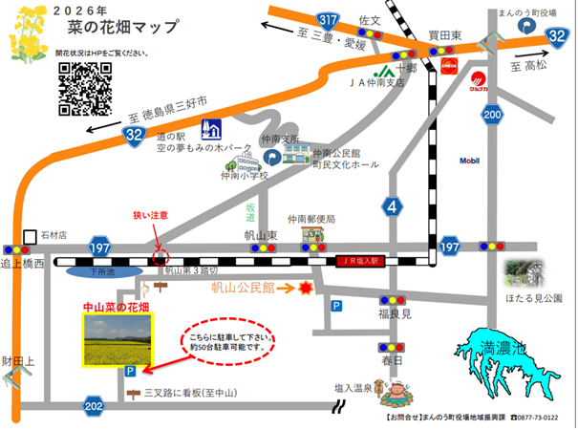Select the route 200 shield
click(x=492, y=116)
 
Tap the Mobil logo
click(x=469, y=161)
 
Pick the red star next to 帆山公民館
click(x=307, y=287)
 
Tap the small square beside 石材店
click(x=30, y=234)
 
